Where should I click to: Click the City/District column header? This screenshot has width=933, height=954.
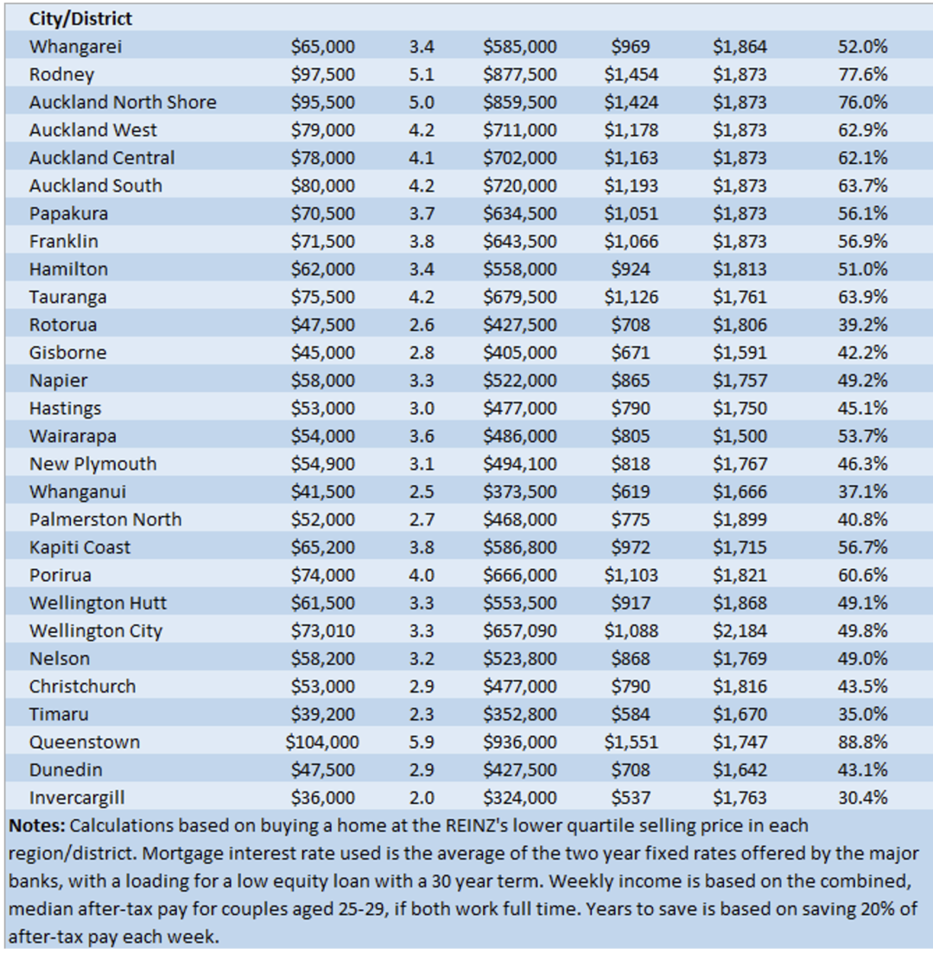[x=80, y=19]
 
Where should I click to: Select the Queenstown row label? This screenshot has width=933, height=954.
[x=85, y=742]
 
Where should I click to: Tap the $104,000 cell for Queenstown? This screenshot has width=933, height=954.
[x=322, y=742]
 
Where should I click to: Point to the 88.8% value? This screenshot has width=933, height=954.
[x=862, y=742]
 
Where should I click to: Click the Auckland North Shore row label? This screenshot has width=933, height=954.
[x=123, y=102]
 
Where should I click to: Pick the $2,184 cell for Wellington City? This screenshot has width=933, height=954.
[x=740, y=631]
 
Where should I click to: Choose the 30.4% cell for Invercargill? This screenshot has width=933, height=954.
[x=862, y=798]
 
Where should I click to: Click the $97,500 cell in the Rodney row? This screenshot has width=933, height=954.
[x=322, y=74]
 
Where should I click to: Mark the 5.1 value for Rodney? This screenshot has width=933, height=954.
[x=422, y=74]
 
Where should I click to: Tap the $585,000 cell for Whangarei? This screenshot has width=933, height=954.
[x=520, y=47]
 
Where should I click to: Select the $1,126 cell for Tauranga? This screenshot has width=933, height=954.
[x=632, y=297]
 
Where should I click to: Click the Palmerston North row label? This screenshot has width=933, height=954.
[x=105, y=520]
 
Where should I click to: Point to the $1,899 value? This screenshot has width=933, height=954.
[x=740, y=520]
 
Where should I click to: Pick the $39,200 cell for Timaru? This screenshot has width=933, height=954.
[x=322, y=714]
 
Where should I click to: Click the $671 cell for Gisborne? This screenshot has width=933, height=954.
[x=632, y=353]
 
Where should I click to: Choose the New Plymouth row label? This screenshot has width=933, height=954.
[x=93, y=464]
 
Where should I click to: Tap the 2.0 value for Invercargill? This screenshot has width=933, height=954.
[x=422, y=798]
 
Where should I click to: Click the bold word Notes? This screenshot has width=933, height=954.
[x=36, y=825]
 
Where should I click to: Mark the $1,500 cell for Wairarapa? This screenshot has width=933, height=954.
[x=740, y=436]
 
